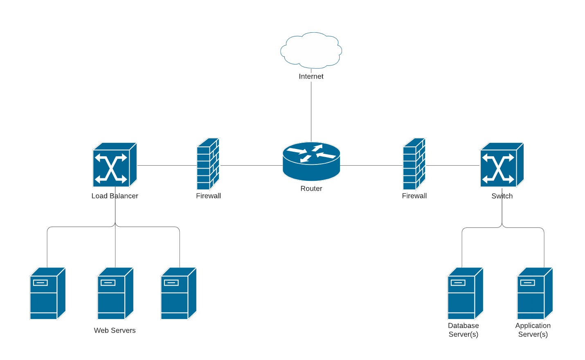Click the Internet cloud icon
311,50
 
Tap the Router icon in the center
311,161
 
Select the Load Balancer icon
115,165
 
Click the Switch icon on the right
502,165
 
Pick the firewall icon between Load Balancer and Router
208,164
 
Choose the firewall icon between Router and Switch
414,164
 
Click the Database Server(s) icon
465,293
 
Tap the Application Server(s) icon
535,293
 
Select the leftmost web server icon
47,293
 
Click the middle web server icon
115,293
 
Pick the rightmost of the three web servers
178,293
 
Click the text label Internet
311,76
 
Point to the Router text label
311,189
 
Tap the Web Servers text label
115,331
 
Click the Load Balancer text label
115,196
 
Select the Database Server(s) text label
463,330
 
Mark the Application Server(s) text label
533,330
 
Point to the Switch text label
502,196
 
